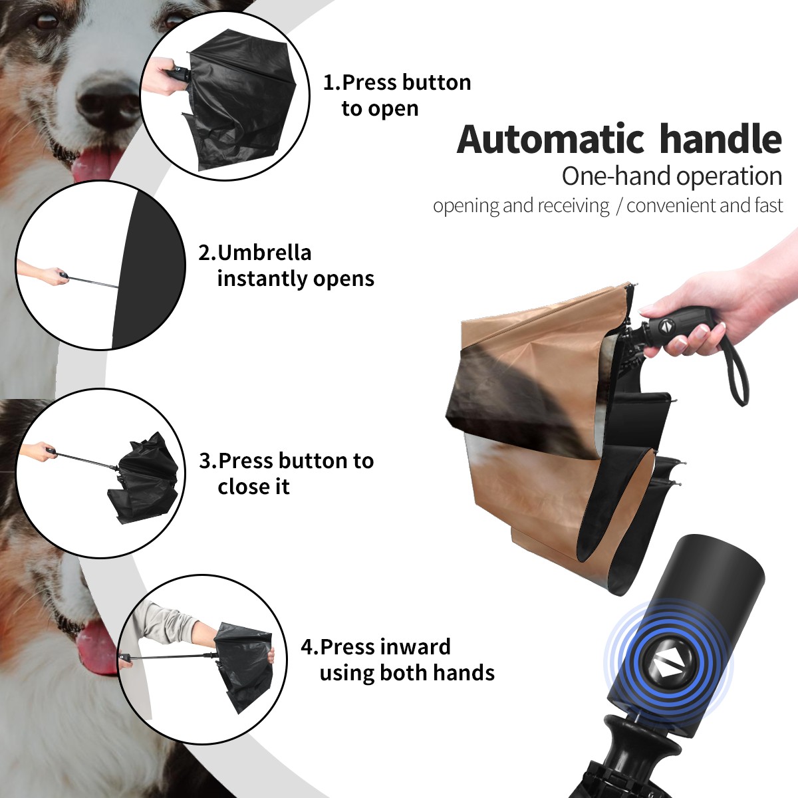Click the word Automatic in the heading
pyautogui.click(x=551, y=140)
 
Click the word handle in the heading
pyautogui.click(x=721, y=139)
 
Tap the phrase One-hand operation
pyautogui.click(x=672, y=176)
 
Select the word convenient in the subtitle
pyautogui.click(x=671, y=205)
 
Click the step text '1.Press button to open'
pyautogui.click(x=397, y=95)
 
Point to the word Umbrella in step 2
pyautogui.click(x=264, y=253)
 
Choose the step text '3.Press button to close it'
pyautogui.click(x=286, y=473)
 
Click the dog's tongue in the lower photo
pyautogui.click(x=96, y=646)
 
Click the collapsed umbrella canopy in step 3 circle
pyautogui.click(x=144, y=479)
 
